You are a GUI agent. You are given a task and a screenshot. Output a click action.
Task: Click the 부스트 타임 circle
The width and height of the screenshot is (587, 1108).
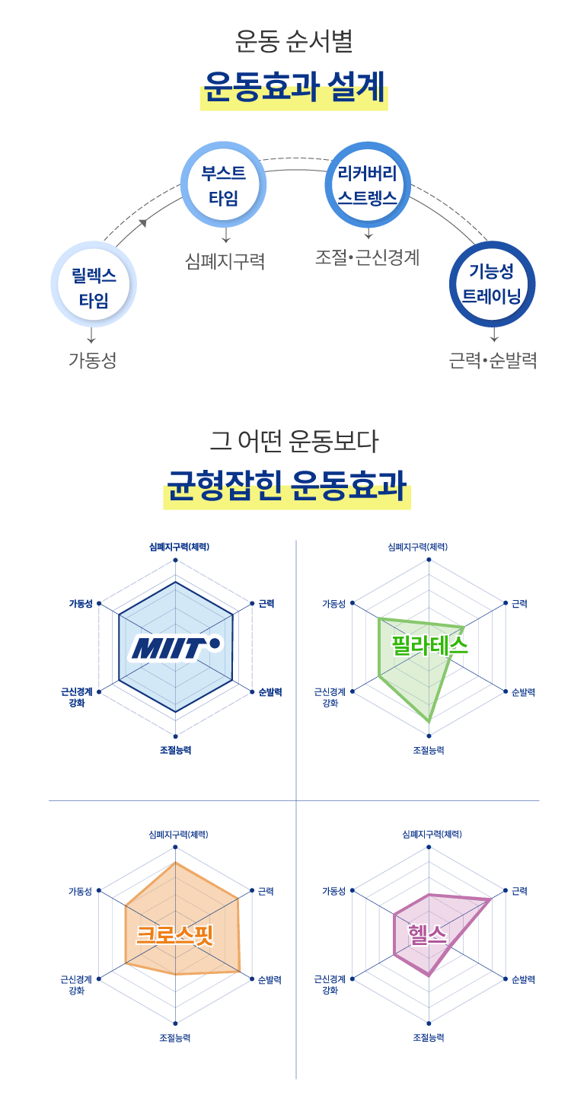click(224, 185)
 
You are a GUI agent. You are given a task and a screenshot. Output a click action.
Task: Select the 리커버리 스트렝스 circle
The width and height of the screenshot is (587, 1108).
click(368, 185)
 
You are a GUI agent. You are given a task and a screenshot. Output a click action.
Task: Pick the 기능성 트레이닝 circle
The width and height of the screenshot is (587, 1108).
click(492, 284)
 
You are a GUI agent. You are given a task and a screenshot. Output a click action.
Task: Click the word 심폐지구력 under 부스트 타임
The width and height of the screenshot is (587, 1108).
click(225, 261)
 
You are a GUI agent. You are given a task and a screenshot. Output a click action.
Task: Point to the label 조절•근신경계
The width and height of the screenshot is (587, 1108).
click(368, 257)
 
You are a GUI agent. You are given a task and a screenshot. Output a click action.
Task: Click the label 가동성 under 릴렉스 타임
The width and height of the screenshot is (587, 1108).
click(93, 360)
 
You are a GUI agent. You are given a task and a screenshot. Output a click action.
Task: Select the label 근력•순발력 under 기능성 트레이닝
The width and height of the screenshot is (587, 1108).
click(493, 360)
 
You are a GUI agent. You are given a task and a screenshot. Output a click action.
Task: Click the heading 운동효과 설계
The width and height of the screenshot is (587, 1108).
click(294, 87)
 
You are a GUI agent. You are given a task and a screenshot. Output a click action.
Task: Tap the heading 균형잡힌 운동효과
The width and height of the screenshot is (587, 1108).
click(287, 485)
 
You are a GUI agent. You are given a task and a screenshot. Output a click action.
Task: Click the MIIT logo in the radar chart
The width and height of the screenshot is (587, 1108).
click(175, 647)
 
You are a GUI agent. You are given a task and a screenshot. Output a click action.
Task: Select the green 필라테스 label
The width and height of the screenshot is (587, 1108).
click(429, 646)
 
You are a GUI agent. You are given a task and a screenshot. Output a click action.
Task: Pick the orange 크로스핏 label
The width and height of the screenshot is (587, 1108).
click(174, 934)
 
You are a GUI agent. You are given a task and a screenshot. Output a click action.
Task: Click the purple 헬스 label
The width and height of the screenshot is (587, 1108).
click(427, 934)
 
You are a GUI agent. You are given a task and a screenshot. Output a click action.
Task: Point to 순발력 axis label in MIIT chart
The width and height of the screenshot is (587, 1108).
click(270, 692)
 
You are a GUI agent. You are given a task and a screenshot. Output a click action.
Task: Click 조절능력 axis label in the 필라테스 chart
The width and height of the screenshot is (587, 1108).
click(429, 750)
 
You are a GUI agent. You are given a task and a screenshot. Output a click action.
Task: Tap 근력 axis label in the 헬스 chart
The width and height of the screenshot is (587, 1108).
click(519, 891)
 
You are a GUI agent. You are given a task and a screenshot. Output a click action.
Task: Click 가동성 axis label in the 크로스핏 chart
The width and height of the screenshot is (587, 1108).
click(80, 891)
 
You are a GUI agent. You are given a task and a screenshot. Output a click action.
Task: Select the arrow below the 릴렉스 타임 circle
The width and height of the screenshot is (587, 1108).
click(91, 336)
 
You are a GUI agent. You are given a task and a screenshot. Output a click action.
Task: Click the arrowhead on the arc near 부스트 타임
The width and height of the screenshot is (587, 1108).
click(142, 223)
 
